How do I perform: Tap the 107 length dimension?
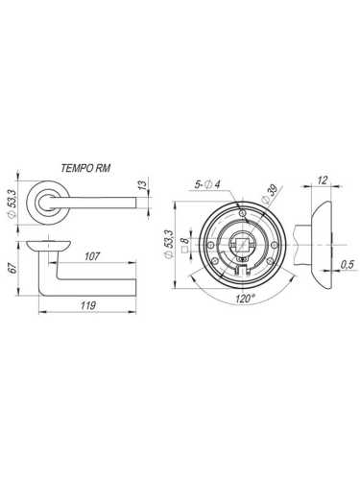[93, 257]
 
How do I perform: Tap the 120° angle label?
[244, 300]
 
